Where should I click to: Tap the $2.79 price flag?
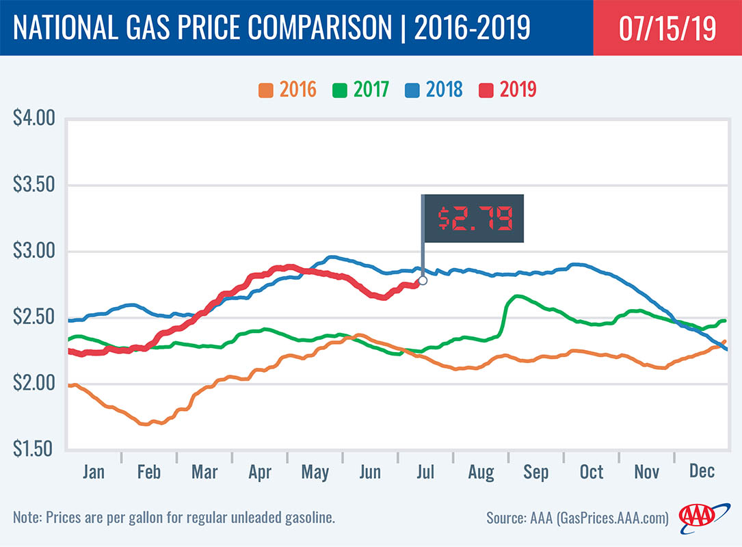(x=473, y=218)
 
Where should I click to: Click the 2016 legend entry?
(x=288, y=89)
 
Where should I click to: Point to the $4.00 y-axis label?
(x=34, y=119)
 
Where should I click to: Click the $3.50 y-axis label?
(x=34, y=185)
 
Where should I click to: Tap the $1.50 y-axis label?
(x=34, y=449)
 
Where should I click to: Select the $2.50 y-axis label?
(x=34, y=317)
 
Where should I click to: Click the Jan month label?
(x=94, y=472)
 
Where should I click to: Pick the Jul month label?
(x=425, y=472)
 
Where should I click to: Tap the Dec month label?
(x=702, y=472)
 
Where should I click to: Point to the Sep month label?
(x=535, y=472)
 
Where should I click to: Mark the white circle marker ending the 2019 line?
(x=423, y=280)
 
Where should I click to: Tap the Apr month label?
(x=260, y=472)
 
